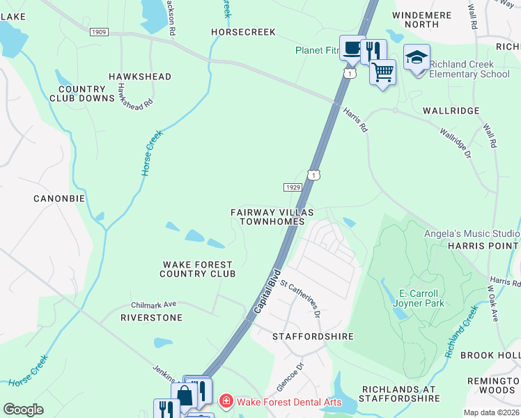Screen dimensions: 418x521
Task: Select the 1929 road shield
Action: [x=293, y=187]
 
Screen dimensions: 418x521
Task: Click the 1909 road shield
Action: [x=99, y=32]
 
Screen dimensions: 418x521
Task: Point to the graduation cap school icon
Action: [x=417, y=58]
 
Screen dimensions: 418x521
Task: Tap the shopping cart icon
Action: [x=382, y=70]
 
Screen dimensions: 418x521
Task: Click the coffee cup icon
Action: [x=352, y=47]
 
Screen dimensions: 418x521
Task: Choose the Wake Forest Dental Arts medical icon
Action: [x=226, y=401]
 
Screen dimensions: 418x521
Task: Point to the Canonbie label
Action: [x=59, y=199]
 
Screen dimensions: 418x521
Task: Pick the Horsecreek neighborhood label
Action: [x=244, y=32]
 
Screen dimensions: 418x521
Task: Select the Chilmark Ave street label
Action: [x=154, y=304]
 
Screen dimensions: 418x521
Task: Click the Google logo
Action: [x=23, y=410]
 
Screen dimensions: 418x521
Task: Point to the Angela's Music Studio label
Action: [x=472, y=233]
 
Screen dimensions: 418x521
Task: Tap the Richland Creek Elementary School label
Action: [x=469, y=69]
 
